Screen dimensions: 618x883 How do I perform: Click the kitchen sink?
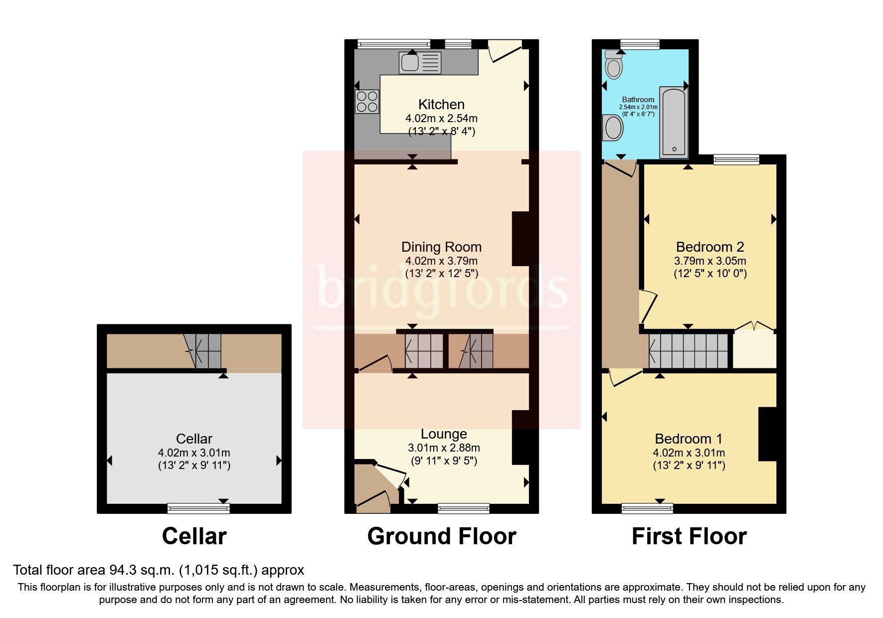[x=420, y=63]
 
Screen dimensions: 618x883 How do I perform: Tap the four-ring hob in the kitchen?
[x=366, y=101]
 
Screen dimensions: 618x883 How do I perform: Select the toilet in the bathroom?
[x=613, y=65]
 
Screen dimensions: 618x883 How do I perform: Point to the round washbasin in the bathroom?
[x=613, y=128]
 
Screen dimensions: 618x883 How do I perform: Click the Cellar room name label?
[x=194, y=439]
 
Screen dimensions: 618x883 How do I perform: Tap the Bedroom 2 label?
[x=709, y=247]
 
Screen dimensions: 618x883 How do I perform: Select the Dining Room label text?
[x=441, y=247]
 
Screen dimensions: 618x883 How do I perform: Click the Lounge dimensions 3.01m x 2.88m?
[x=444, y=448]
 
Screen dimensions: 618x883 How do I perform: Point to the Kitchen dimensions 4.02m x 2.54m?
[x=441, y=119]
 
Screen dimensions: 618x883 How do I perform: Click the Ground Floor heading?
[x=442, y=537]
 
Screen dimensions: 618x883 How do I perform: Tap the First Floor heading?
[x=689, y=537]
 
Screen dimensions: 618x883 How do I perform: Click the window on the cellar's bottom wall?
[x=198, y=508]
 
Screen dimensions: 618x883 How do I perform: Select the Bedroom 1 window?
[x=647, y=508]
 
